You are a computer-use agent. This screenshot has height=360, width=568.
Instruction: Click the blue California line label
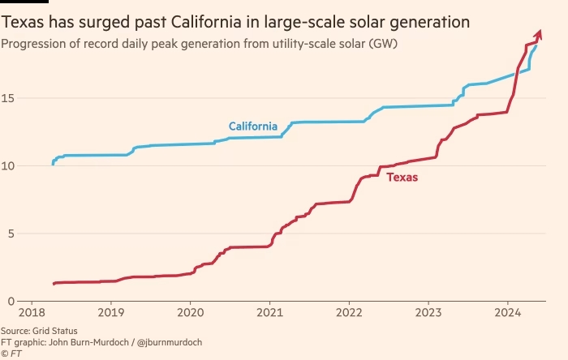pos(252,126)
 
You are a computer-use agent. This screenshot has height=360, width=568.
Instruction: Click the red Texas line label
pos(402,177)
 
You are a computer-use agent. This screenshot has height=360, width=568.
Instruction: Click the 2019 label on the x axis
pos(110,313)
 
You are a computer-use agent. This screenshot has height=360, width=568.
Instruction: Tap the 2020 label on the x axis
pos(190,313)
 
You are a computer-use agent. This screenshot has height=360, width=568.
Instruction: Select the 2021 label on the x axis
pos(269,313)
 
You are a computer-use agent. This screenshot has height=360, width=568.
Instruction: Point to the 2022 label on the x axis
pos(349,313)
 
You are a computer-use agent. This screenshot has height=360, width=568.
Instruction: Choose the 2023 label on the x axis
pos(428,313)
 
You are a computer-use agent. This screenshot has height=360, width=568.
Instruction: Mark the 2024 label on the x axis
pos(508,313)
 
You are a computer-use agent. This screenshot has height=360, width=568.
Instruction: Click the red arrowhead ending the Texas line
pos(539,32)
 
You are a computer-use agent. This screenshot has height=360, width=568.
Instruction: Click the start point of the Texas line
pos(54,284)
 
